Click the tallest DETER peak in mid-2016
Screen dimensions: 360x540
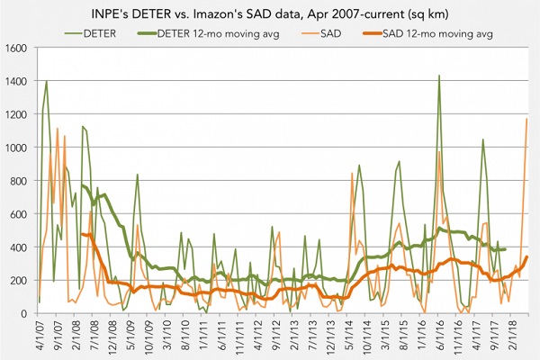tap(438, 76)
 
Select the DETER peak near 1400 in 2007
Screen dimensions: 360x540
tap(47, 81)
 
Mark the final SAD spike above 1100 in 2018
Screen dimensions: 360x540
tap(526, 119)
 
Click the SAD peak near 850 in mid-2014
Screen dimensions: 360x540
tap(351, 173)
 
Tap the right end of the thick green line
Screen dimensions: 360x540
tap(505, 249)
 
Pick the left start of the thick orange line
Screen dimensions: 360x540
tap(83, 234)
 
